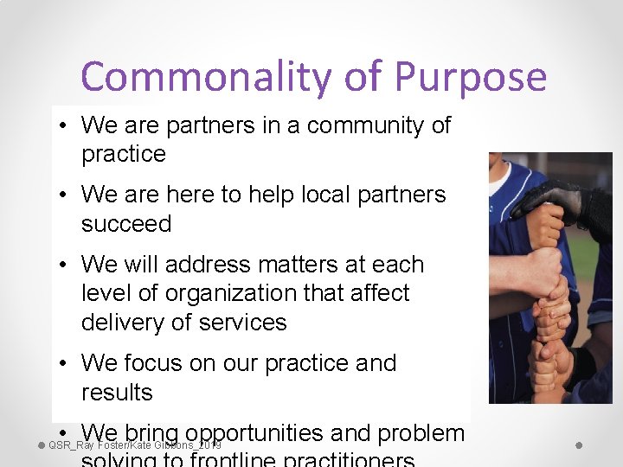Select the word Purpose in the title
tap(470, 77)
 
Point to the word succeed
tap(126, 224)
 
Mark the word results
tap(117, 393)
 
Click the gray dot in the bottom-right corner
tap(579, 445)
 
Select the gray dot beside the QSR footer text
tap(42, 445)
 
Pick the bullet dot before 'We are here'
tap(65, 195)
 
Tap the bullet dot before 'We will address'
tap(65, 265)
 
